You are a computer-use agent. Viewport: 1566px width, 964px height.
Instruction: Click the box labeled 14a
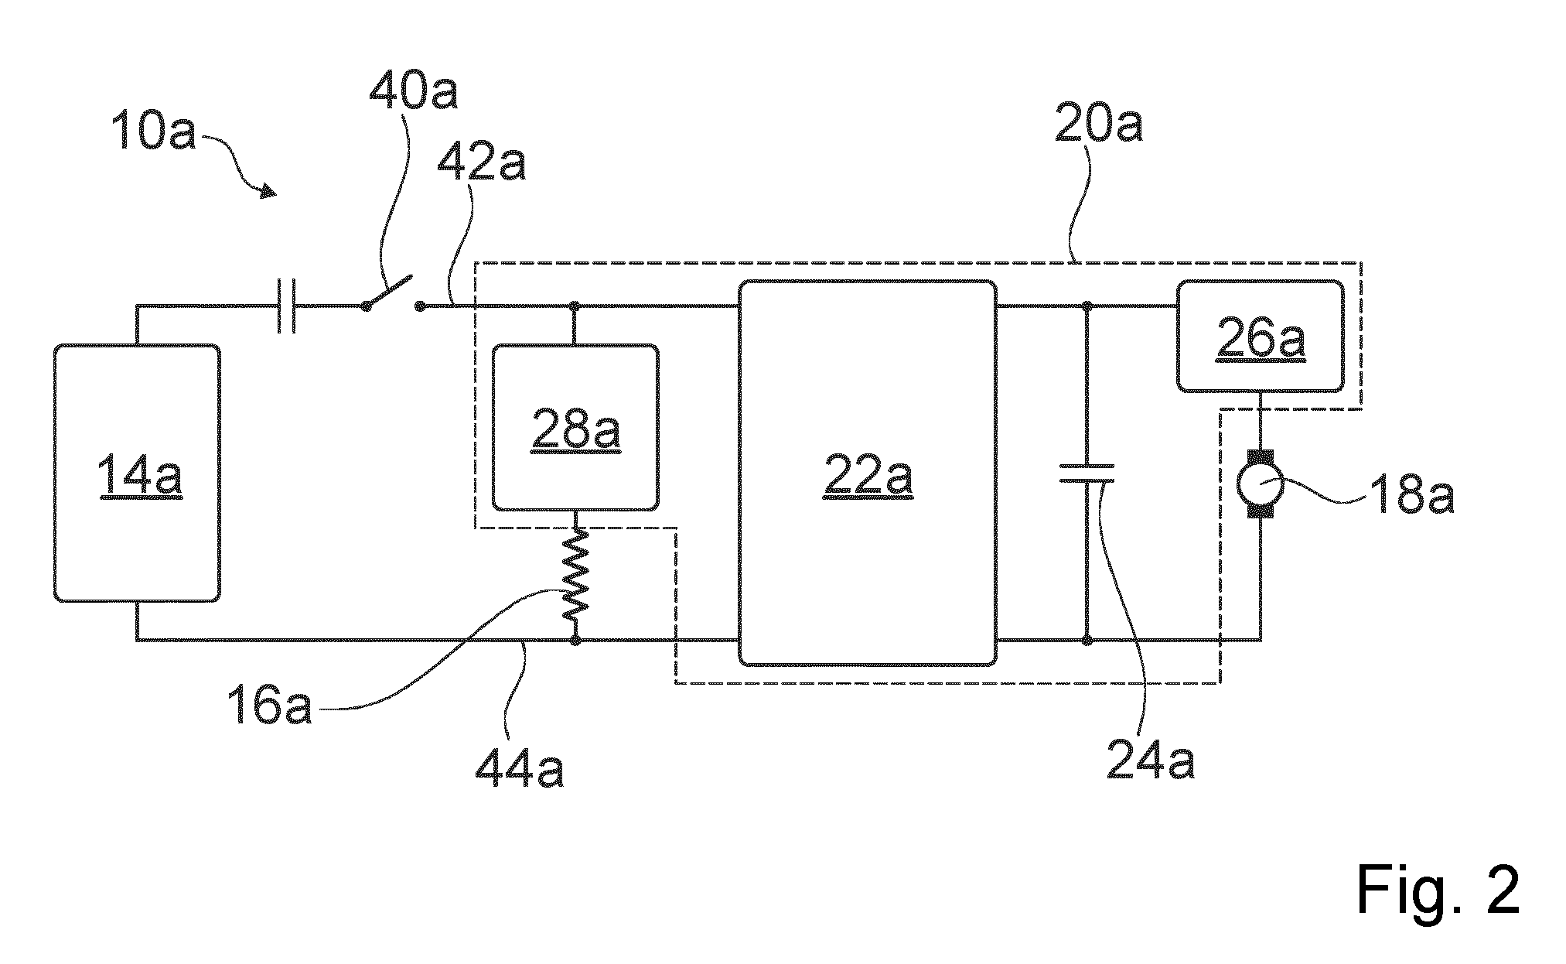pyautogui.click(x=137, y=473)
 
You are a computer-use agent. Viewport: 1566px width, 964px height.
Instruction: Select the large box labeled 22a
pyautogui.click(x=867, y=473)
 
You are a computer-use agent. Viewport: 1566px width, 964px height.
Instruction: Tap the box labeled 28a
pyautogui.click(x=575, y=427)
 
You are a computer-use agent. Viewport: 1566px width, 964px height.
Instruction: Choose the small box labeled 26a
pyautogui.click(x=1260, y=336)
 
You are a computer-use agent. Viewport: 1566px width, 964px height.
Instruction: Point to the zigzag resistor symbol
pyautogui.click(x=575, y=574)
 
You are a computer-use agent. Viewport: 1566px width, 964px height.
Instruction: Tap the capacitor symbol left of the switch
pyautogui.click(x=286, y=306)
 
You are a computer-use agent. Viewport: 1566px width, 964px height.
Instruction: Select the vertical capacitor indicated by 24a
pyautogui.click(x=1087, y=473)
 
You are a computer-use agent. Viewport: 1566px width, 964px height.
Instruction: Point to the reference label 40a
pyautogui.click(x=414, y=91)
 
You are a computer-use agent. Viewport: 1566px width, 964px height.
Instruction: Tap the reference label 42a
pyautogui.click(x=481, y=162)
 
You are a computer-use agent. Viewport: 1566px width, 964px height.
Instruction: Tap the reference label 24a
pyautogui.click(x=1151, y=758)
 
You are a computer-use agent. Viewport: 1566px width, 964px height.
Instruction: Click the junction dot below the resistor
pyautogui.click(x=575, y=641)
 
